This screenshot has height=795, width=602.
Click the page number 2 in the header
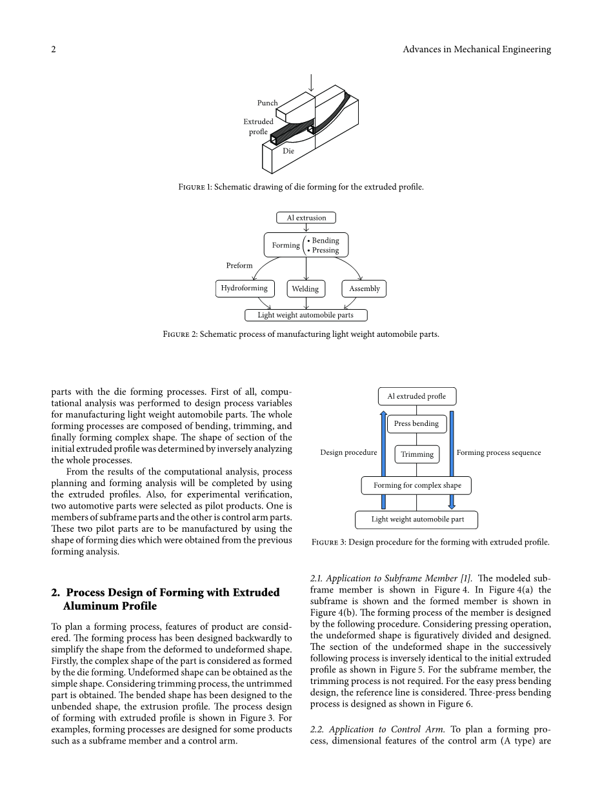[x=54, y=50]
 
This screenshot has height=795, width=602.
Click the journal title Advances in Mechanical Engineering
[x=476, y=50]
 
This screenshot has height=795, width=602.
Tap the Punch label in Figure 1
[x=267, y=103]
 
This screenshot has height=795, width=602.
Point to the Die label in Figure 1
[x=288, y=151]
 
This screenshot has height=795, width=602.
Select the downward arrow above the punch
[x=311, y=83]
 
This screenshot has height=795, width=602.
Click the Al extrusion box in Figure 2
[x=306, y=218]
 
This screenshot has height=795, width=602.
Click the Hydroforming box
[x=245, y=288]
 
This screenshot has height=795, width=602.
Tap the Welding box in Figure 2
[x=305, y=289]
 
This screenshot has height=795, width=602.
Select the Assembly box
[x=364, y=289]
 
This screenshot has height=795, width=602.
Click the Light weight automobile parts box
[x=306, y=316]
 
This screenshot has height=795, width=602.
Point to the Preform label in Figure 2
[x=239, y=266]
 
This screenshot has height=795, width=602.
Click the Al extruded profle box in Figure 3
[x=416, y=396]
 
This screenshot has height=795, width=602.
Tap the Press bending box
[x=416, y=424]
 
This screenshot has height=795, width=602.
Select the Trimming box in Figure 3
[x=417, y=454]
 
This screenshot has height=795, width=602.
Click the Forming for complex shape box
[x=417, y=485]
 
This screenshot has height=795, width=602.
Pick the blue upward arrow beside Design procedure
[x=383, y=458]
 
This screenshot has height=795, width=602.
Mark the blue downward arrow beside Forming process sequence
[x=452, y=458]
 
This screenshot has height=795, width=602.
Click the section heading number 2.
[x=55, y=592]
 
